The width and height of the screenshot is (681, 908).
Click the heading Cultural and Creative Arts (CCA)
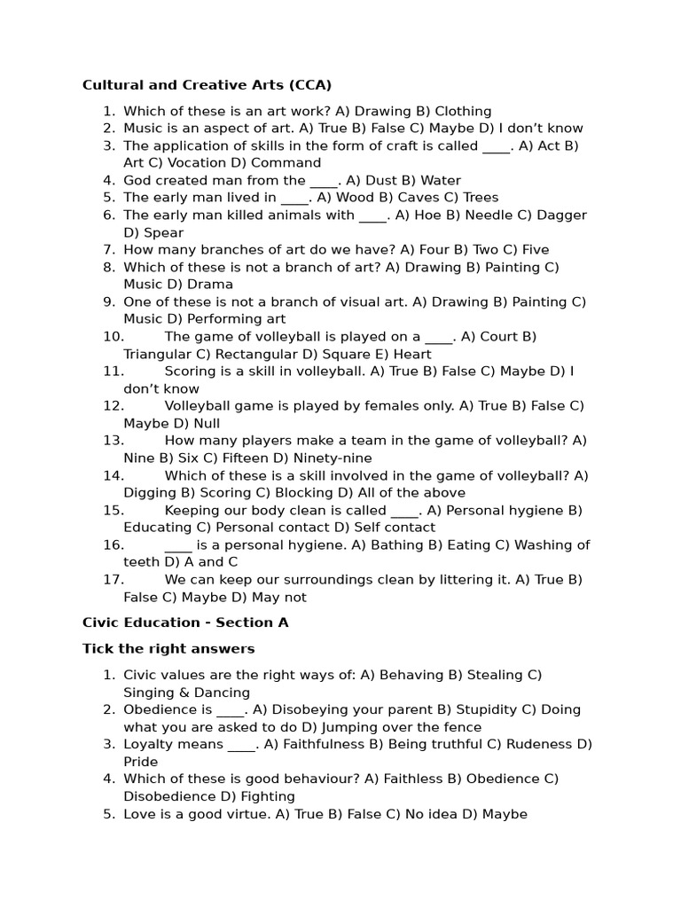pyautogui.click(x=207, y=85)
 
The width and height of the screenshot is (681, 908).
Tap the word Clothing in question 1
pyautogui.click(x=463, y=112)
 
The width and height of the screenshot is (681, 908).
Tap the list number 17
pyautogui.click(x=113, y=580)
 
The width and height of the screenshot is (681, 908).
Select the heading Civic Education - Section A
pyautogui.click(x=185, y=622)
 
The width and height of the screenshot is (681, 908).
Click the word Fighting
pyautogui.click(x=263, y=796)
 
